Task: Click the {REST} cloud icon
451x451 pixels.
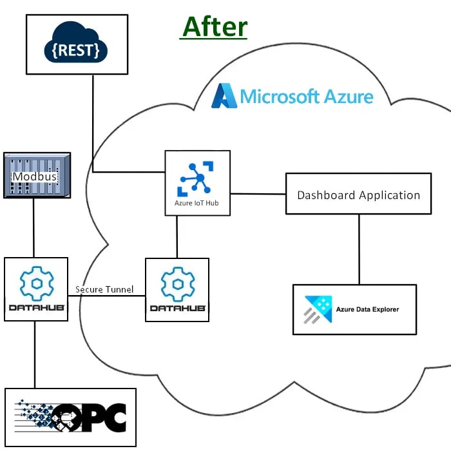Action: (x=75, y=45)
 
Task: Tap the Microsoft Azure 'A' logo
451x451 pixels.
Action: (x=224, y=95)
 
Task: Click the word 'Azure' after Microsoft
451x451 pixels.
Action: (x=348, y=97)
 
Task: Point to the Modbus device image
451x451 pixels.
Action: (x=37, y=175)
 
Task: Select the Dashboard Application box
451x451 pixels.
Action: (x=358, y=194)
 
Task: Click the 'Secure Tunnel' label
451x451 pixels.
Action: (x=105, y=289)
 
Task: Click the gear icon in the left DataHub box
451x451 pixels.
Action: (x=35, y=282)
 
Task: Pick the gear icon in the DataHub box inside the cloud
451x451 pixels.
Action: (x=177, y=282)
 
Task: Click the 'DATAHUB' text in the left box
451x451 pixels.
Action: (x=35, y=308)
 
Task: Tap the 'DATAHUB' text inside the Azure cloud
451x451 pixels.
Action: (x=177, y=309)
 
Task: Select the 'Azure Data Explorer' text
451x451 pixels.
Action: (x=367, y=309)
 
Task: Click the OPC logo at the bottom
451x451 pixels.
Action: (x=71, y=417)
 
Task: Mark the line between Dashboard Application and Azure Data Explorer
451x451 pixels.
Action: (x=359, y=249)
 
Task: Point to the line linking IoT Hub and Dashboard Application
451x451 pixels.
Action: (x=258, y=193)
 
